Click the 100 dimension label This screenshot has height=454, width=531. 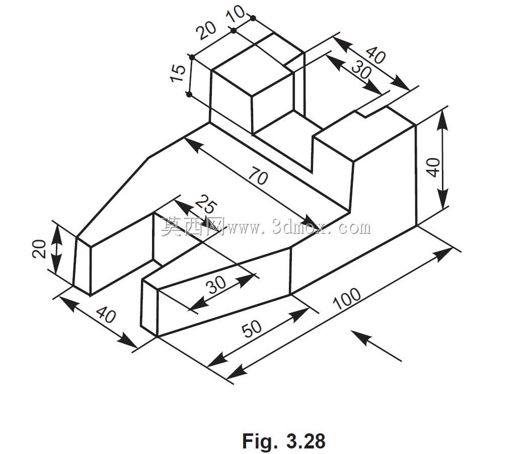(347, 298)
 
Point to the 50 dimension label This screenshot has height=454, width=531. (252, 328)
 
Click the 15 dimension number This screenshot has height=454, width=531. (178, 73)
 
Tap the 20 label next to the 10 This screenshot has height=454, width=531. (206, 31)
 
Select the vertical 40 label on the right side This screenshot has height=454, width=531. (433, 167)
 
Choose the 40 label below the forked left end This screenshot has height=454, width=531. (106, 315)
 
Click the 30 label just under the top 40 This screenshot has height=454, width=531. (361, 70)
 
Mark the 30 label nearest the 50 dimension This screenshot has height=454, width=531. (217, 284)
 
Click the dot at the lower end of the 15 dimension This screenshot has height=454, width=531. (189, 94)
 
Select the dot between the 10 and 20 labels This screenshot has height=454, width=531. (234, 31)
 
